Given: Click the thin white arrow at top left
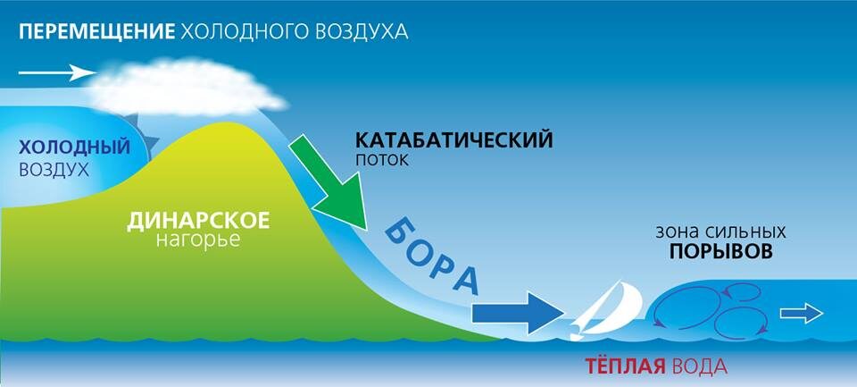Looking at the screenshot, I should coord(55,72).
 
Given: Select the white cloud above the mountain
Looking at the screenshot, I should coord(184,83).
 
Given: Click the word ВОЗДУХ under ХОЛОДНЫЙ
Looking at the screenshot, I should coord(54,168).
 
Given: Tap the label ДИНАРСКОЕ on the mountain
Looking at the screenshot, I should coord(197,220).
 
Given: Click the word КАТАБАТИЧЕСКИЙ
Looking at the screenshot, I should coord(454,140).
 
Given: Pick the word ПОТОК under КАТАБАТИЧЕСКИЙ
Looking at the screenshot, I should coord(380,161).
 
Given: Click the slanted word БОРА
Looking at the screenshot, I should coord(432,257).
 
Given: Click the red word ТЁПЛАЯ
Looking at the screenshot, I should coord(622,366).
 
